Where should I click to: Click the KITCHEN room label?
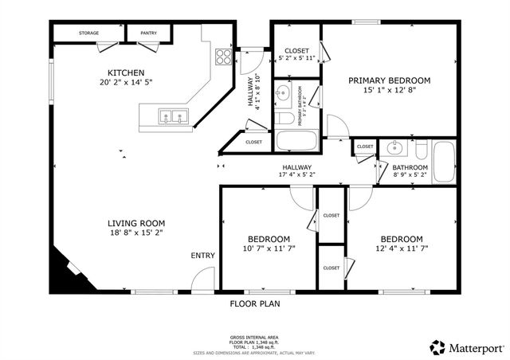pos(126,72)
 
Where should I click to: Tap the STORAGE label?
pos(89,33)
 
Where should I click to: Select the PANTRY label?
pos(148,33)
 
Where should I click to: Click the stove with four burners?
pos(224,57)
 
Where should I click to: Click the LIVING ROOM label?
pos(136,223)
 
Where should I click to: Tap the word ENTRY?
pos(202,256)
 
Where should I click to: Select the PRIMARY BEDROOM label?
pos(389,80)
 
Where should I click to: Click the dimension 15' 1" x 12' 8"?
pos(389,90)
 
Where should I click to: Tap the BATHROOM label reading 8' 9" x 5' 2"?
pos(410,174)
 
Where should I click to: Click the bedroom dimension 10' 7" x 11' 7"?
pos(268,249)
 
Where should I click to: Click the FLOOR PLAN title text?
pos(255,303)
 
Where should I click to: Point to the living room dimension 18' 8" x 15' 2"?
pos(136,233)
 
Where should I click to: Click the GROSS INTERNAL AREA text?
pos(254,338)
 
